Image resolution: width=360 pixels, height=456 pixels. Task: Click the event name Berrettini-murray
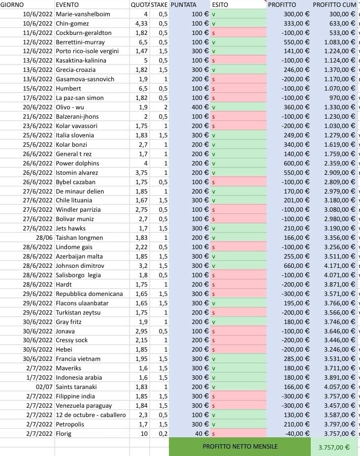(80, 42)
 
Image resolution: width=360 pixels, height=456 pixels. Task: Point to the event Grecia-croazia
(75, 70)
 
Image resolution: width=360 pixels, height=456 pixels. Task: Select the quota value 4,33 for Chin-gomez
(141, 23)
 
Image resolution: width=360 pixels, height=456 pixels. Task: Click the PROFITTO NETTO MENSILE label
(240, 447)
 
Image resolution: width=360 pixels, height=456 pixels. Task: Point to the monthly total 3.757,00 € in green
(334, 448)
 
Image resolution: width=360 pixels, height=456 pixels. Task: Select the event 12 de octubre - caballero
(91, 415)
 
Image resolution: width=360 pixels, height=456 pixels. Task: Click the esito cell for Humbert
(238, 89)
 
